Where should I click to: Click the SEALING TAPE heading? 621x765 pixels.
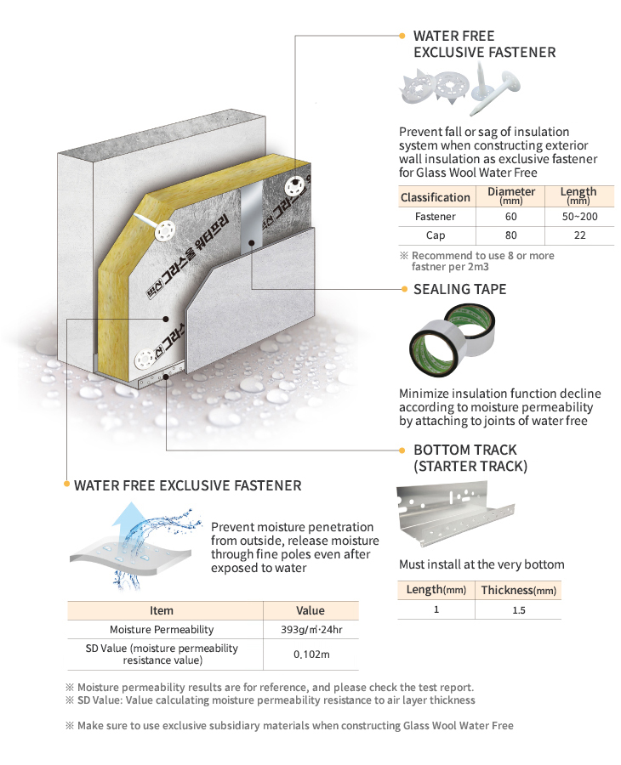[459, 289]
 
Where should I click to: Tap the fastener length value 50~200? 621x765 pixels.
[579, 217]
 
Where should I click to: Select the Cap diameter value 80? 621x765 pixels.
[510, 235]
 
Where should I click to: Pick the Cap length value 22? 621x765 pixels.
[579, 235]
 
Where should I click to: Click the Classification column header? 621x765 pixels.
[435, 197]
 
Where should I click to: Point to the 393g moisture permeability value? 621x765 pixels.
[311, 629]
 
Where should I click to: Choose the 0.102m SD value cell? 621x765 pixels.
[311, 654]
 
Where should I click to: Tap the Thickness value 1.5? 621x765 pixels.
[518, 610]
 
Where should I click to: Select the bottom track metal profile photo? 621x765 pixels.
[455, 514]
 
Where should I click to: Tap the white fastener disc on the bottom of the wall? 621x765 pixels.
[145, 360]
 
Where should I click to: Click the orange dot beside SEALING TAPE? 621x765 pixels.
[404, 289]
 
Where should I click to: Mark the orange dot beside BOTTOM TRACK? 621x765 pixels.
[402, 450]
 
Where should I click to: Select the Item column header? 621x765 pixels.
[162, 610]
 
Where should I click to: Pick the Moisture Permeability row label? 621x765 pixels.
[162, 629]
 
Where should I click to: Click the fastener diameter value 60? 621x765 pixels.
[510, 217]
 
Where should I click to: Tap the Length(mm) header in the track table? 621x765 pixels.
[436, 590]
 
